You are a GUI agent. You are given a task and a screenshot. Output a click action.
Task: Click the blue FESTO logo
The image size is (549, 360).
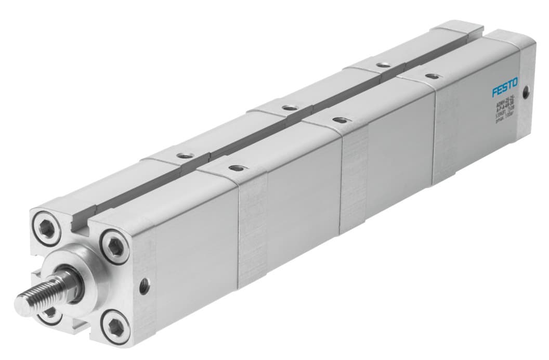(508, 92)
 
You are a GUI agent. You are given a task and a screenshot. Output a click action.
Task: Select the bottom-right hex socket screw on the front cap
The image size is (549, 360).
(115, 327)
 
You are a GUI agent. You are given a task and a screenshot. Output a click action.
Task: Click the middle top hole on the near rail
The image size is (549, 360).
(338, 120)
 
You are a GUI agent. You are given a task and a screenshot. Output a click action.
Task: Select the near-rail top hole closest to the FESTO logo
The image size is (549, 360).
(431, 76)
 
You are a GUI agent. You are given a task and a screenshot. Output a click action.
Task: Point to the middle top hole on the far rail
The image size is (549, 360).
(287, 108)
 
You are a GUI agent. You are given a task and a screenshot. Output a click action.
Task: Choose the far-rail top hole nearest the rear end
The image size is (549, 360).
(383, 65)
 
